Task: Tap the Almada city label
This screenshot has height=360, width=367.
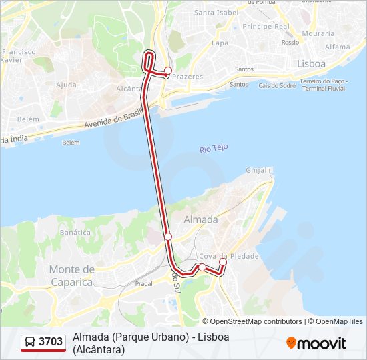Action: click(200, 219)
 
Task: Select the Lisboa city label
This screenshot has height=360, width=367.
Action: click(311, 63)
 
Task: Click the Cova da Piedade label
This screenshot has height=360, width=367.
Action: click(228, 257)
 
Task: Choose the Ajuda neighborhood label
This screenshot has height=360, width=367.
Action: click(66, 85)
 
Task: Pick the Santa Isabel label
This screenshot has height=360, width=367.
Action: click(216, 13)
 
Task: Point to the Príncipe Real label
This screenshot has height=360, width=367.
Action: click(266, 27)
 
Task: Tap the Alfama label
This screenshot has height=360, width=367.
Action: click(337, 47)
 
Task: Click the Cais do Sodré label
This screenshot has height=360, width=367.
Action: click(277, 85)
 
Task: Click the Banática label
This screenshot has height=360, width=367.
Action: click(75, 233)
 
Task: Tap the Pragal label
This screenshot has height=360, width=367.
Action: click(144, 283)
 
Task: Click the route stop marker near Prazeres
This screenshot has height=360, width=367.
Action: click(168, 71)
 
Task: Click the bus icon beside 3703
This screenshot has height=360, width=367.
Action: click(30, 342)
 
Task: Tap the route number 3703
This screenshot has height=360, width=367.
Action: click(51, 342)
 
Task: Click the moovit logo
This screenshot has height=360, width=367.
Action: click(316, 343)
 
